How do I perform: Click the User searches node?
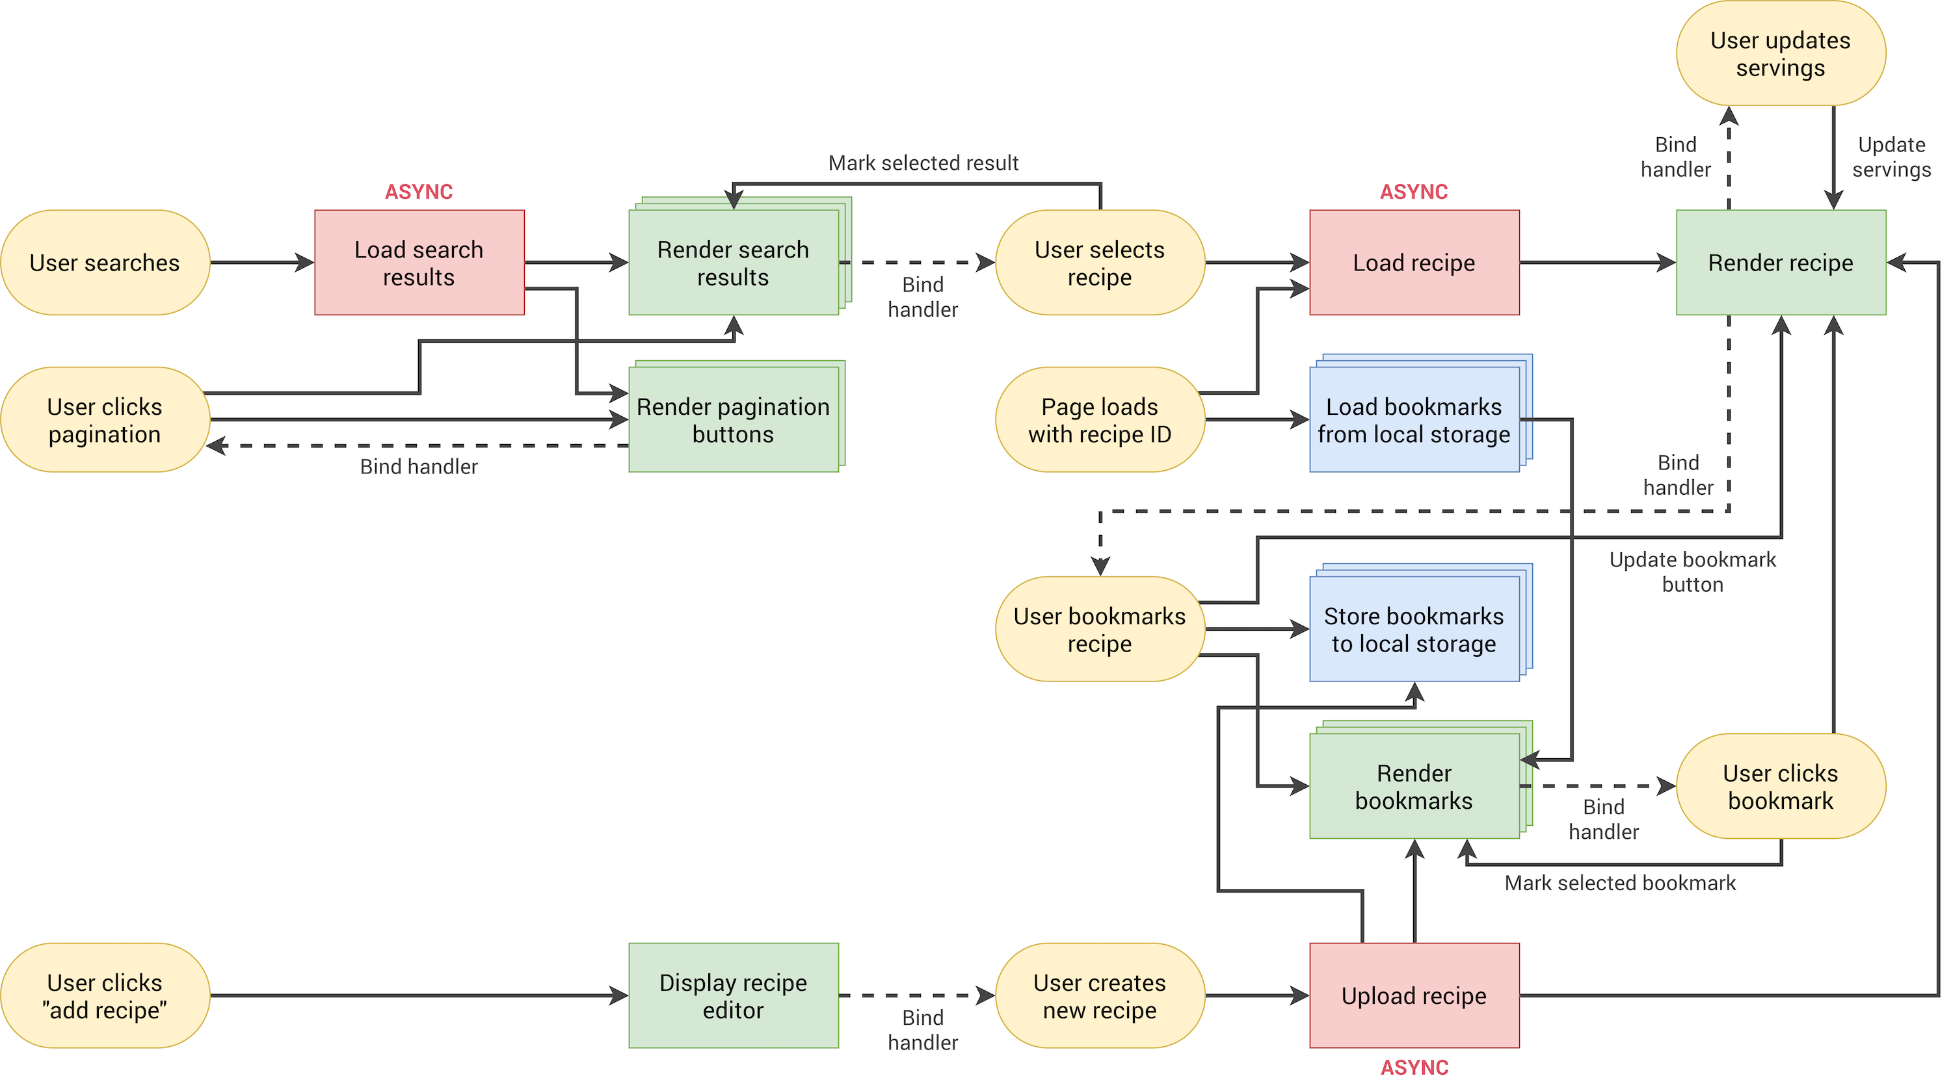click(105, 263)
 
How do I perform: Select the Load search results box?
click(419, 263)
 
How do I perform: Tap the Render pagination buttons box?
click(732, 420)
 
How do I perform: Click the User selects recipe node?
click(1099, 263)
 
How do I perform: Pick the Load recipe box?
click(1413, 263)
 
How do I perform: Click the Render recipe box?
click(1780, 263)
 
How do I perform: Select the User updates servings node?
click(1780, 54)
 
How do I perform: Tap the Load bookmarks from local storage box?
click(1413, 420)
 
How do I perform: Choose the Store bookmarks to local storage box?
click(1413, 629)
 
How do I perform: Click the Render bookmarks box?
click(1413, 787)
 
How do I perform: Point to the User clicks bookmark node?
click(1780, 787)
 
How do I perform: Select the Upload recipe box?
click(1413, 995)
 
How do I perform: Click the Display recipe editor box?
click(732, 995)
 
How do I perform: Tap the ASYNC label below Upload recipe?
click(1413, 1067)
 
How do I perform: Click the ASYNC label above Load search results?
click(419, 192)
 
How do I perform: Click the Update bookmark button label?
click(1692, 572)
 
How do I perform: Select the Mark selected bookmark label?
click(1619, 883)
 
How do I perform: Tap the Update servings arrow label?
click(1891, 157)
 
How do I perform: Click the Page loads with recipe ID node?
click(1099, 420)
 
